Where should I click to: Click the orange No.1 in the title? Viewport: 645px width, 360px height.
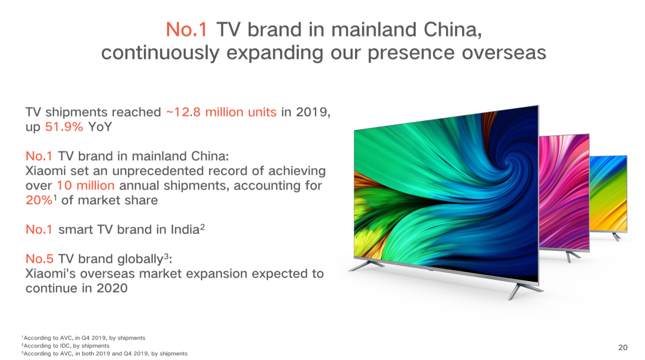tap(186, 30)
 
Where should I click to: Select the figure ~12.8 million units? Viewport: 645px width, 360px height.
tap(221, 112)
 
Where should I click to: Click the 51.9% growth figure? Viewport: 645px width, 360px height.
tap(64, 127)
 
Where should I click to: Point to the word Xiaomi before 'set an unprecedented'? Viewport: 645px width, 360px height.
tap(45, 170)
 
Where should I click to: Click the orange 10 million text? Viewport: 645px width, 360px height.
tap(86, 185)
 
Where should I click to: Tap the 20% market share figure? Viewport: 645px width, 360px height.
tap(39, 200)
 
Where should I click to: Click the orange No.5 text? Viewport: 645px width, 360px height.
tap(39, 259)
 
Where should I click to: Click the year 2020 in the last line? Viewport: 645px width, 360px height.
tap(112, 288)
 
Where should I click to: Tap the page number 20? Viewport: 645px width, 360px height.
tap(623, 347)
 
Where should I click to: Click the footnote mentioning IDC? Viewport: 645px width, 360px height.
tap(66, 346)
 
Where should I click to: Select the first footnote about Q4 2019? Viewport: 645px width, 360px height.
tap(84, 338)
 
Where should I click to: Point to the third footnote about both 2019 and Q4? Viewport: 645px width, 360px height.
tap(105, 354)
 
